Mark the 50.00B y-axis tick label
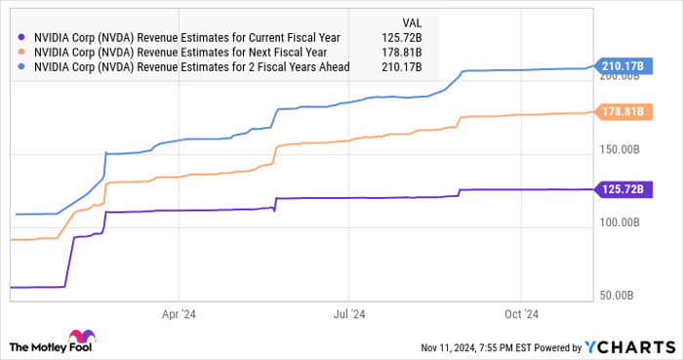tap(619, 295)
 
